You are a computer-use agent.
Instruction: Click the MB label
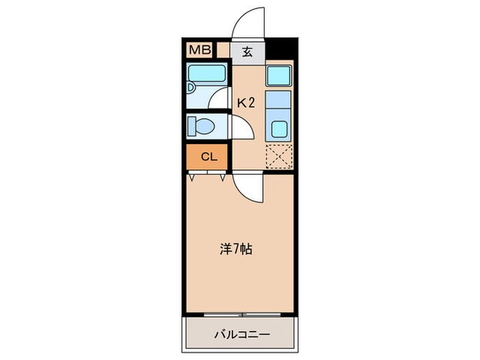click(x=200, y=50)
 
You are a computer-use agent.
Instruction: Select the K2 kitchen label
click(x=246, y=103)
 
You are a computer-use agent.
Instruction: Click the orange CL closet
click(x=208, y=156)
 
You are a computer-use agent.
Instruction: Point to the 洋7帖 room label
click(x=237, y=249)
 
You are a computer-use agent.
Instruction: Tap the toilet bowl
click(x=204, y=126)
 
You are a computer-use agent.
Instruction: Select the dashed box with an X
click(x=279, y=156)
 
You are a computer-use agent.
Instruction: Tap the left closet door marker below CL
click(x=194, y=176)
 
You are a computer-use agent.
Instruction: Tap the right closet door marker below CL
click(x=223, y=176)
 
